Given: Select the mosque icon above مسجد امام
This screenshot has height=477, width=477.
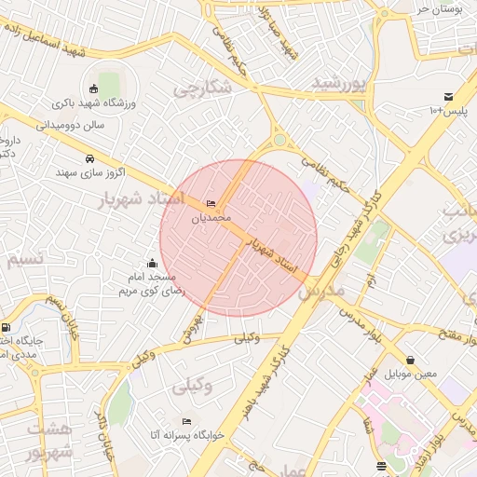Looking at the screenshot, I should [x=152, y=264].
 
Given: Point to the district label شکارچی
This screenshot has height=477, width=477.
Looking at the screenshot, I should [x=199, y=89].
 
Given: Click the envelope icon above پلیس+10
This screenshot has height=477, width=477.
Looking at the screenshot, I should [x=448, y=97].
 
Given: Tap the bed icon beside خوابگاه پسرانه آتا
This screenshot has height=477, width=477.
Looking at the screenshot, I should [x=187, y=421].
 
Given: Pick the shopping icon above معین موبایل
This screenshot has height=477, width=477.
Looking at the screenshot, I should [x=411, y=360].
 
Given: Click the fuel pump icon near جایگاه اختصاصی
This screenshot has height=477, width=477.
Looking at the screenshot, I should [x=7, y=328].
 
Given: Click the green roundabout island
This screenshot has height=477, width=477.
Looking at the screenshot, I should [x=279, y=141].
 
